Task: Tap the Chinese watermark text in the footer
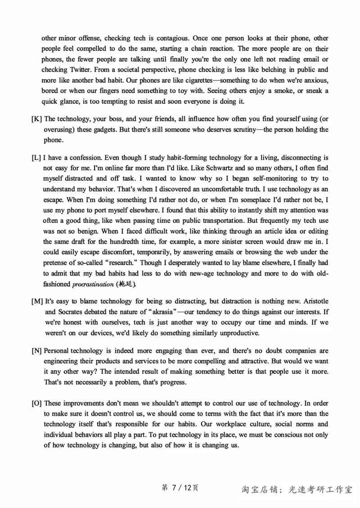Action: (297, 490)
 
